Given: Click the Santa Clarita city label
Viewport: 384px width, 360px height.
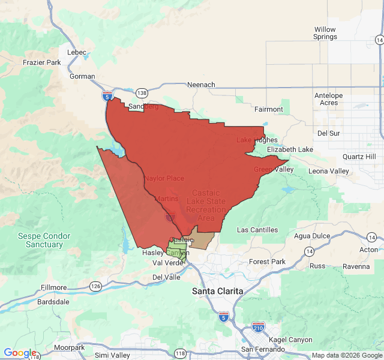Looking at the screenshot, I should point(218,291).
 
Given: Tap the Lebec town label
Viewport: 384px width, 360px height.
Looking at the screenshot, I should point(77,52).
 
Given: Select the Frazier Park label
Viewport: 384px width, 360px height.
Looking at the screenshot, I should point(42,62).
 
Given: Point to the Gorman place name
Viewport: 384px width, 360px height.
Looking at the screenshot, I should point(82,76).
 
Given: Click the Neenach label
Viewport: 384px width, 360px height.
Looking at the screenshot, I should point(201,85).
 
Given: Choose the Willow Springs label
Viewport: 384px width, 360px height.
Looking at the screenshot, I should point(325,33).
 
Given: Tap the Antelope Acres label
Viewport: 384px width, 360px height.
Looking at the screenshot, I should point(329,99).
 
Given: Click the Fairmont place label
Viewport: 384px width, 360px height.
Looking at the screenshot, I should point(268,109).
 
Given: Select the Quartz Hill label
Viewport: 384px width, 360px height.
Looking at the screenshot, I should point(359,157).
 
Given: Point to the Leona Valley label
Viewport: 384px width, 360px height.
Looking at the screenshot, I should point(328,171).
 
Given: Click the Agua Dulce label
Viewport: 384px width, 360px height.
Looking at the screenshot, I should point(311,236).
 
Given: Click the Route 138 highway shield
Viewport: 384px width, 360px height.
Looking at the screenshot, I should point(142,92).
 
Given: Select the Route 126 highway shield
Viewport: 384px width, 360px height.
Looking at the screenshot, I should point(95,286).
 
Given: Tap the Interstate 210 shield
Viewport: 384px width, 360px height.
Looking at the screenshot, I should point(259,327).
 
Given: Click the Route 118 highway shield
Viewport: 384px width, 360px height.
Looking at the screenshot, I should point(181,353).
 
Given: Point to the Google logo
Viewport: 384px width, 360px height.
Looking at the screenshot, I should point(20,353).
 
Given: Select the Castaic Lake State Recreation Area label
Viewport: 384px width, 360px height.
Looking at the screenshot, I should point(206,205).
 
